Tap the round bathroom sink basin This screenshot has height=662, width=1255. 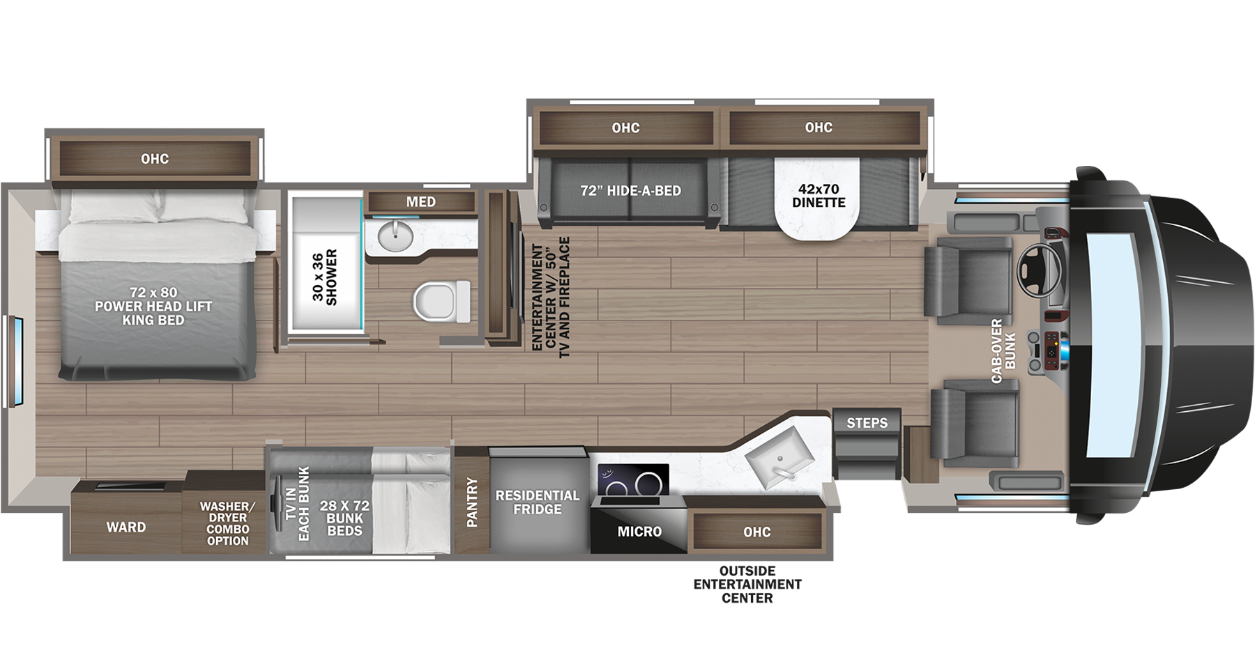(x=395, y=237)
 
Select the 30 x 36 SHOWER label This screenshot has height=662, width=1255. (x=324, y=277)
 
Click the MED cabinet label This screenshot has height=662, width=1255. (x=420, y=202)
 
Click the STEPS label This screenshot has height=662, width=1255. (x=867, y=423)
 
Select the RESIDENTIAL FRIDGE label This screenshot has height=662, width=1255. (x=537, y=502)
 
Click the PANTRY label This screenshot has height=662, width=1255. (x=472, y=502)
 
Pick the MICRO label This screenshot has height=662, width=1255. (x=639, y=532)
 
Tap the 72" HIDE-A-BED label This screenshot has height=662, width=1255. (x=630, y=190)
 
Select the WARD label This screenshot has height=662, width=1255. (x=126, y=527)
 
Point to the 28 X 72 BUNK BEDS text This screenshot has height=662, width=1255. (x=344, y=518)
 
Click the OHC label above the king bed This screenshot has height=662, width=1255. (x=155, y=159)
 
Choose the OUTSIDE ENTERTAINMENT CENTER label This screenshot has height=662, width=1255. (x=747, y=584)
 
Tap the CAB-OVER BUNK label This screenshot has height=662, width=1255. (x=1003, y=351)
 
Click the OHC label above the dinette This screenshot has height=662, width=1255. (x=819, y=128)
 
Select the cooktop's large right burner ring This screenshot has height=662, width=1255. (x=648, y=482)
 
